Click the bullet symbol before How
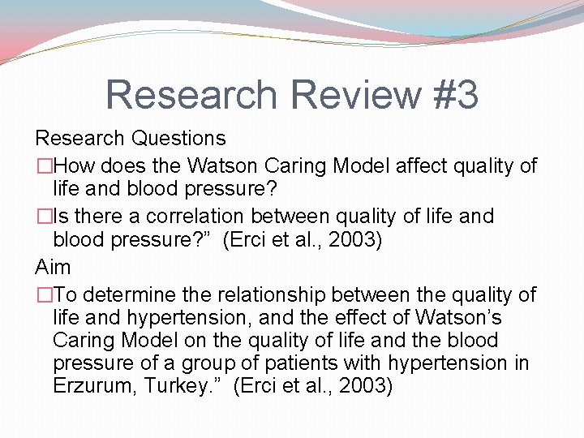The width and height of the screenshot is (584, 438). point(44,166)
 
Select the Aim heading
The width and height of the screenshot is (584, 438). point(53,267)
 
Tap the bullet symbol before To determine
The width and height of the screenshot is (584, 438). point(44,294)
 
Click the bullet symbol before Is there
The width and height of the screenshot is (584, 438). point(44,217)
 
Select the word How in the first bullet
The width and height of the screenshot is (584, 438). point(74,166)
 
